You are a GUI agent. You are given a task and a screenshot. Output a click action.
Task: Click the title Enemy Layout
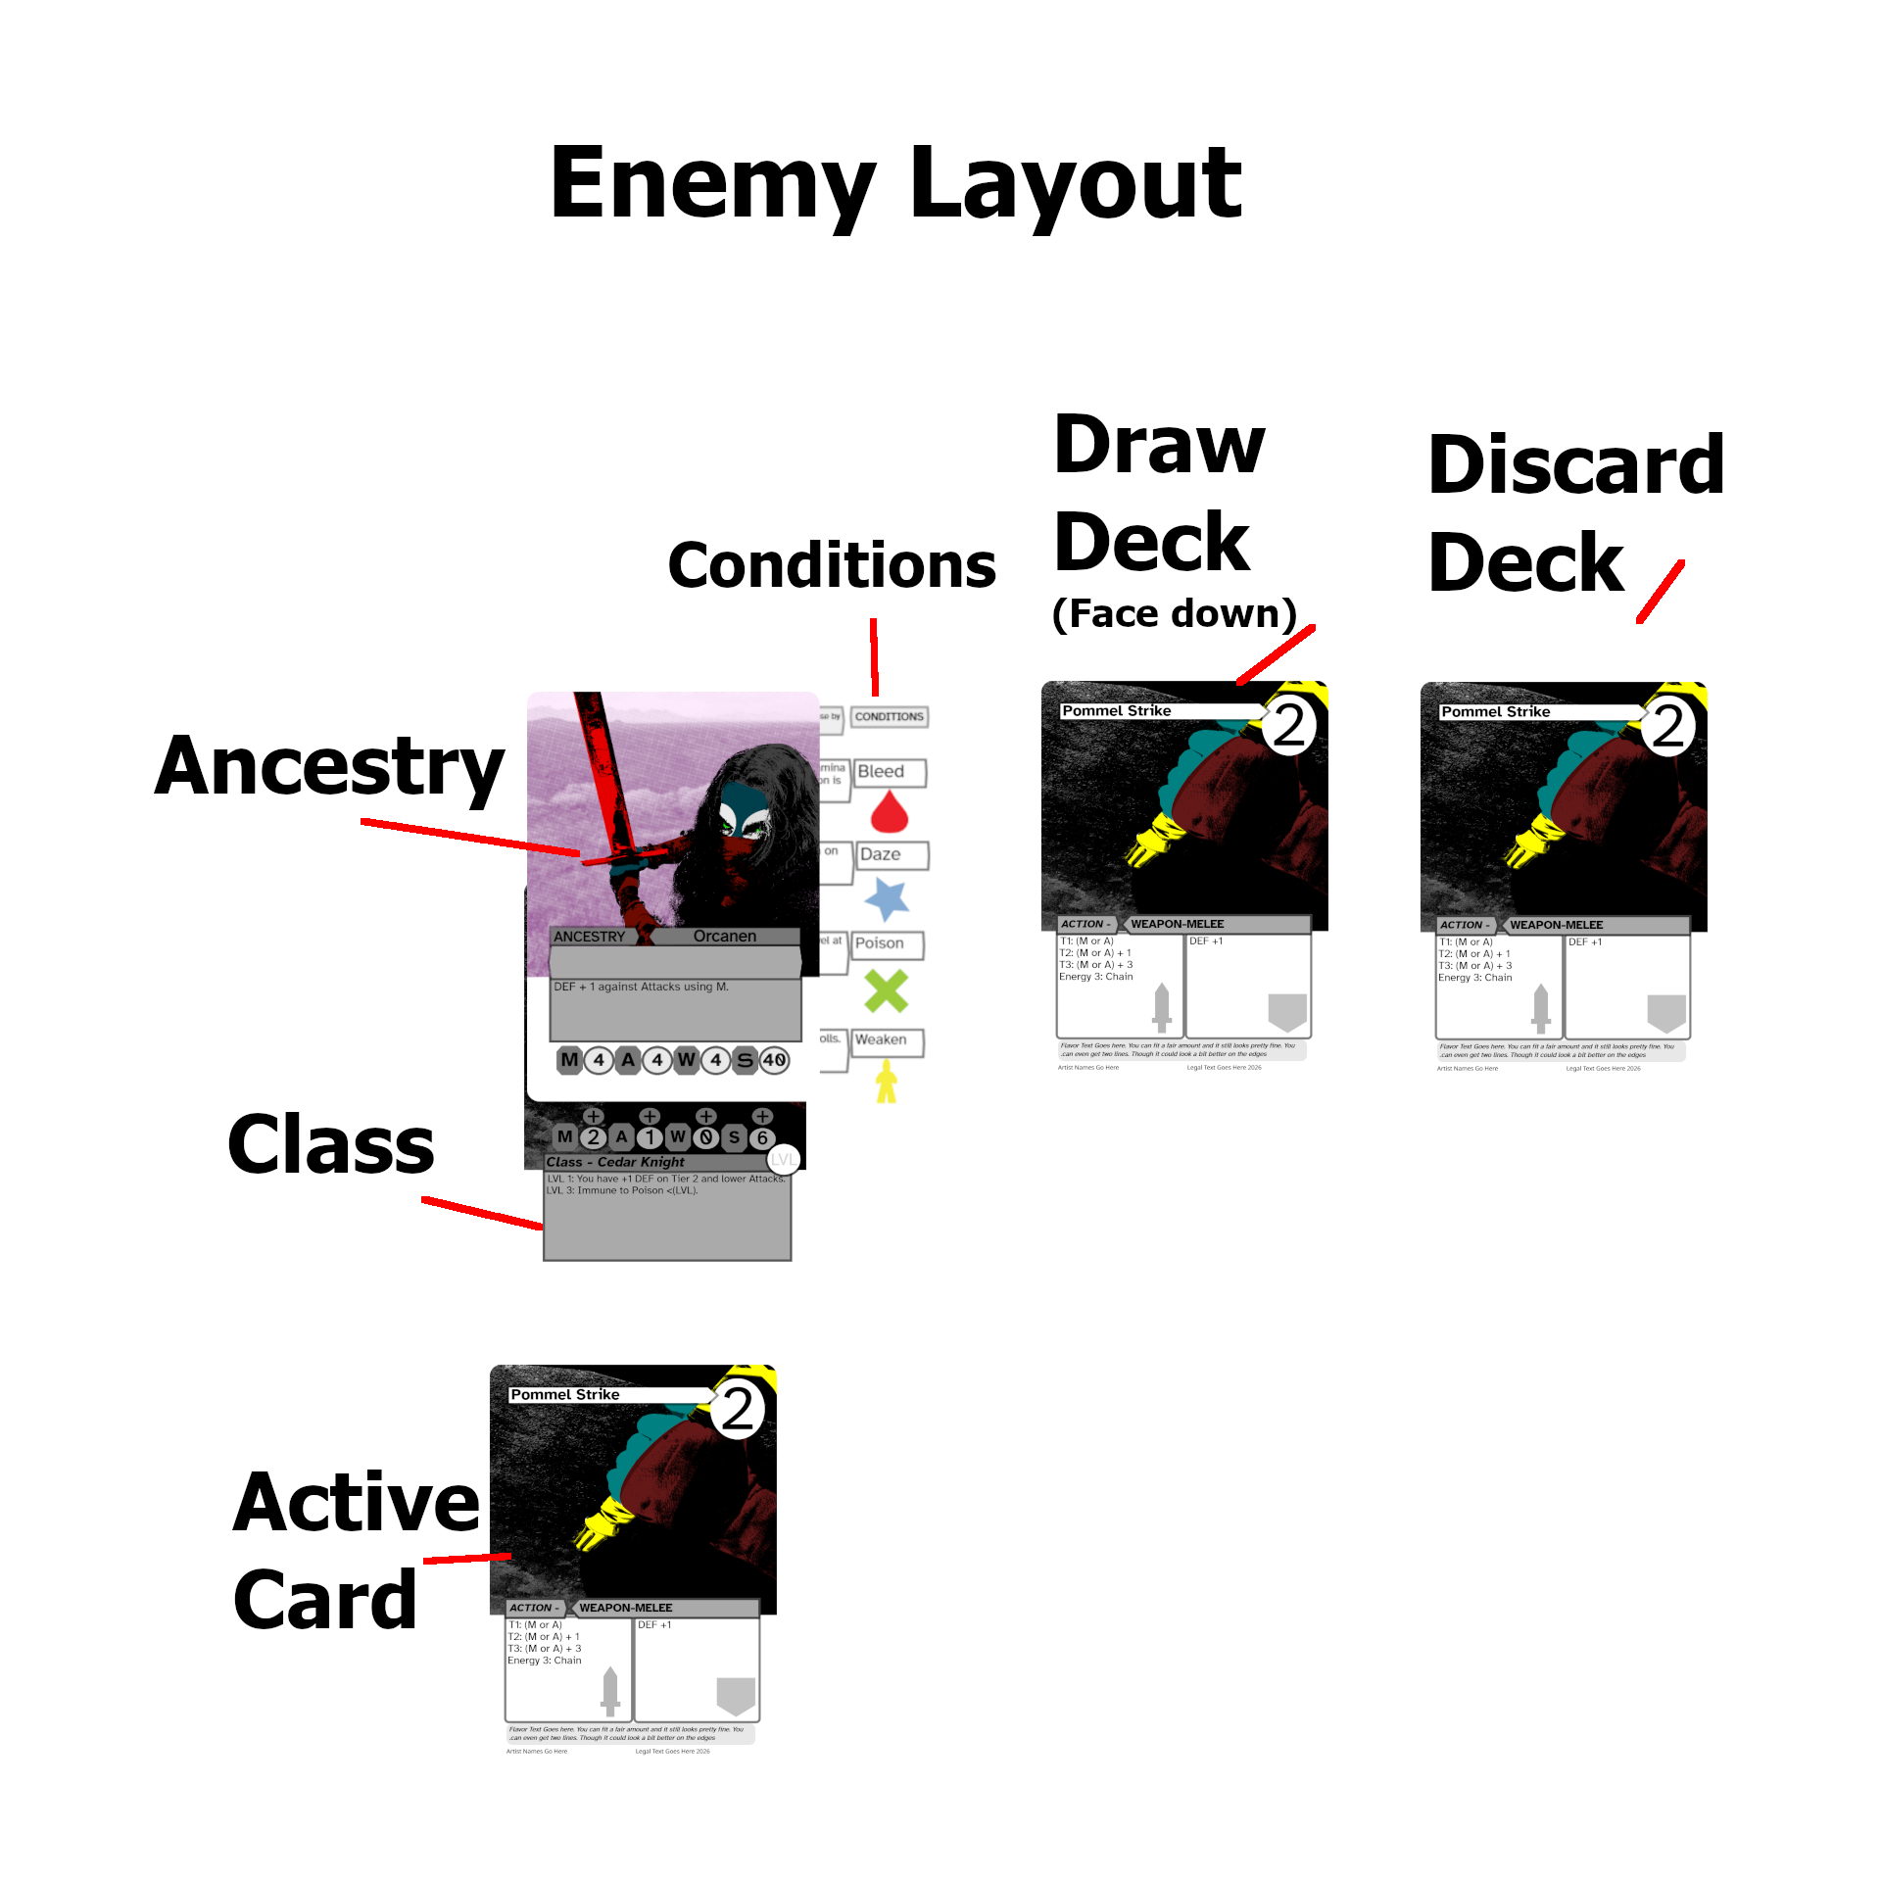point(895,183)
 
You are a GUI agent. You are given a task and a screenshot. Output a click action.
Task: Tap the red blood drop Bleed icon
point(889,812)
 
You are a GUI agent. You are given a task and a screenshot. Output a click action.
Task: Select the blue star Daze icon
point(887,898)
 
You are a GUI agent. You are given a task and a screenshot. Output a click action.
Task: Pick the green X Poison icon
point(887,990)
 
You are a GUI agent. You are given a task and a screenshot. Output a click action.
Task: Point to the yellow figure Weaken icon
point(887,1083)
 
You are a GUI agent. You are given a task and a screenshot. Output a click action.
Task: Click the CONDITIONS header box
point(889,717)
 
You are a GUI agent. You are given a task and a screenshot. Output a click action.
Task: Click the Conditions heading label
point(831,566)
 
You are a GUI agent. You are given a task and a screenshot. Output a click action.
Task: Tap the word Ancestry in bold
point(329,767)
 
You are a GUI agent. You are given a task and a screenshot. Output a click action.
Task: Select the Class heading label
point(331,1144)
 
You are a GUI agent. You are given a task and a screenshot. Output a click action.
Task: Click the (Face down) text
point(1174,614)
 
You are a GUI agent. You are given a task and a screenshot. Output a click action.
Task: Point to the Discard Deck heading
point(1575,512)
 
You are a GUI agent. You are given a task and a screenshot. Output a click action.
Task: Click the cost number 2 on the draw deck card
point(1289,726)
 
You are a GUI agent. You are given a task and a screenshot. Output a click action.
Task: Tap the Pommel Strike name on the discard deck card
point(1496,712)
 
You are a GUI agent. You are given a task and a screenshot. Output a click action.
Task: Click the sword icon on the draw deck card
point(1162,1008)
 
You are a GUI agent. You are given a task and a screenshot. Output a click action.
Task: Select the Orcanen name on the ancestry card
point(725,937)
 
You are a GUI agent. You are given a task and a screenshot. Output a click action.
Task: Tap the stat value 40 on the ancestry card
point(774,1060)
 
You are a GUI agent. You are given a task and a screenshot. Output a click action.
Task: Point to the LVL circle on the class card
point(784,1161)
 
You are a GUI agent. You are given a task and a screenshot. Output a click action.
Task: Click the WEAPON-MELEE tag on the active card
point(625,1608)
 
